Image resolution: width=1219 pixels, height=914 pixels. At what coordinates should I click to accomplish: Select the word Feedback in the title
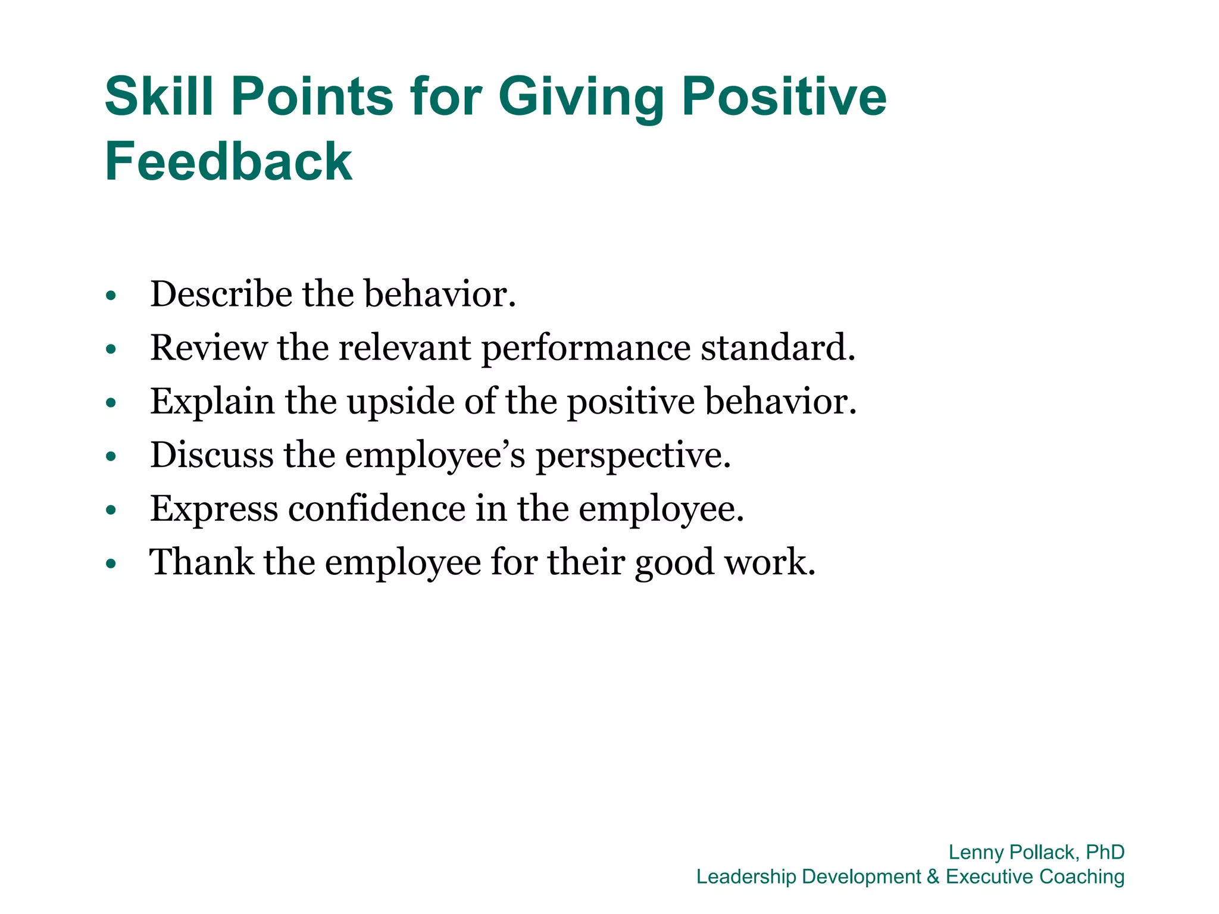(x=229, y=161)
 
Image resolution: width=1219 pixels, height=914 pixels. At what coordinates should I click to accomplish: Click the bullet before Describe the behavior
(x=111, y=296)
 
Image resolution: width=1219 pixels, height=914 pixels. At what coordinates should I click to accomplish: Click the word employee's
(x=435, y=456)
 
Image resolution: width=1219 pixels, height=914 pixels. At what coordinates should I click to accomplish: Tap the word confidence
(x=377, y=509)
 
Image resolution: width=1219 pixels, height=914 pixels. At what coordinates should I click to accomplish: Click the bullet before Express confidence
(x=111, y=511)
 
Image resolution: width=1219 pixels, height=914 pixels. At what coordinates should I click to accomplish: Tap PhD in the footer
(x=1105, y=852)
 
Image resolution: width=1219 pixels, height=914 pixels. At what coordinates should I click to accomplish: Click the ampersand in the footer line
(x=933, y=877)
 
